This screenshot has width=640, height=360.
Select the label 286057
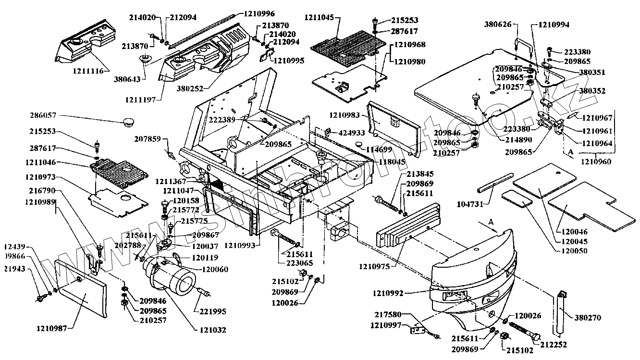tap(43, 116)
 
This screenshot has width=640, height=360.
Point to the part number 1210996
tap(259, 13)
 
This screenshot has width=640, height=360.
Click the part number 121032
tap(211, 330)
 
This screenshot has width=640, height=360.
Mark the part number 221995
tap(210, 311)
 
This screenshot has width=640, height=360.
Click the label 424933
tap(352, 133)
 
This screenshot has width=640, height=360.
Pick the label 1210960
tap(596, 162)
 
